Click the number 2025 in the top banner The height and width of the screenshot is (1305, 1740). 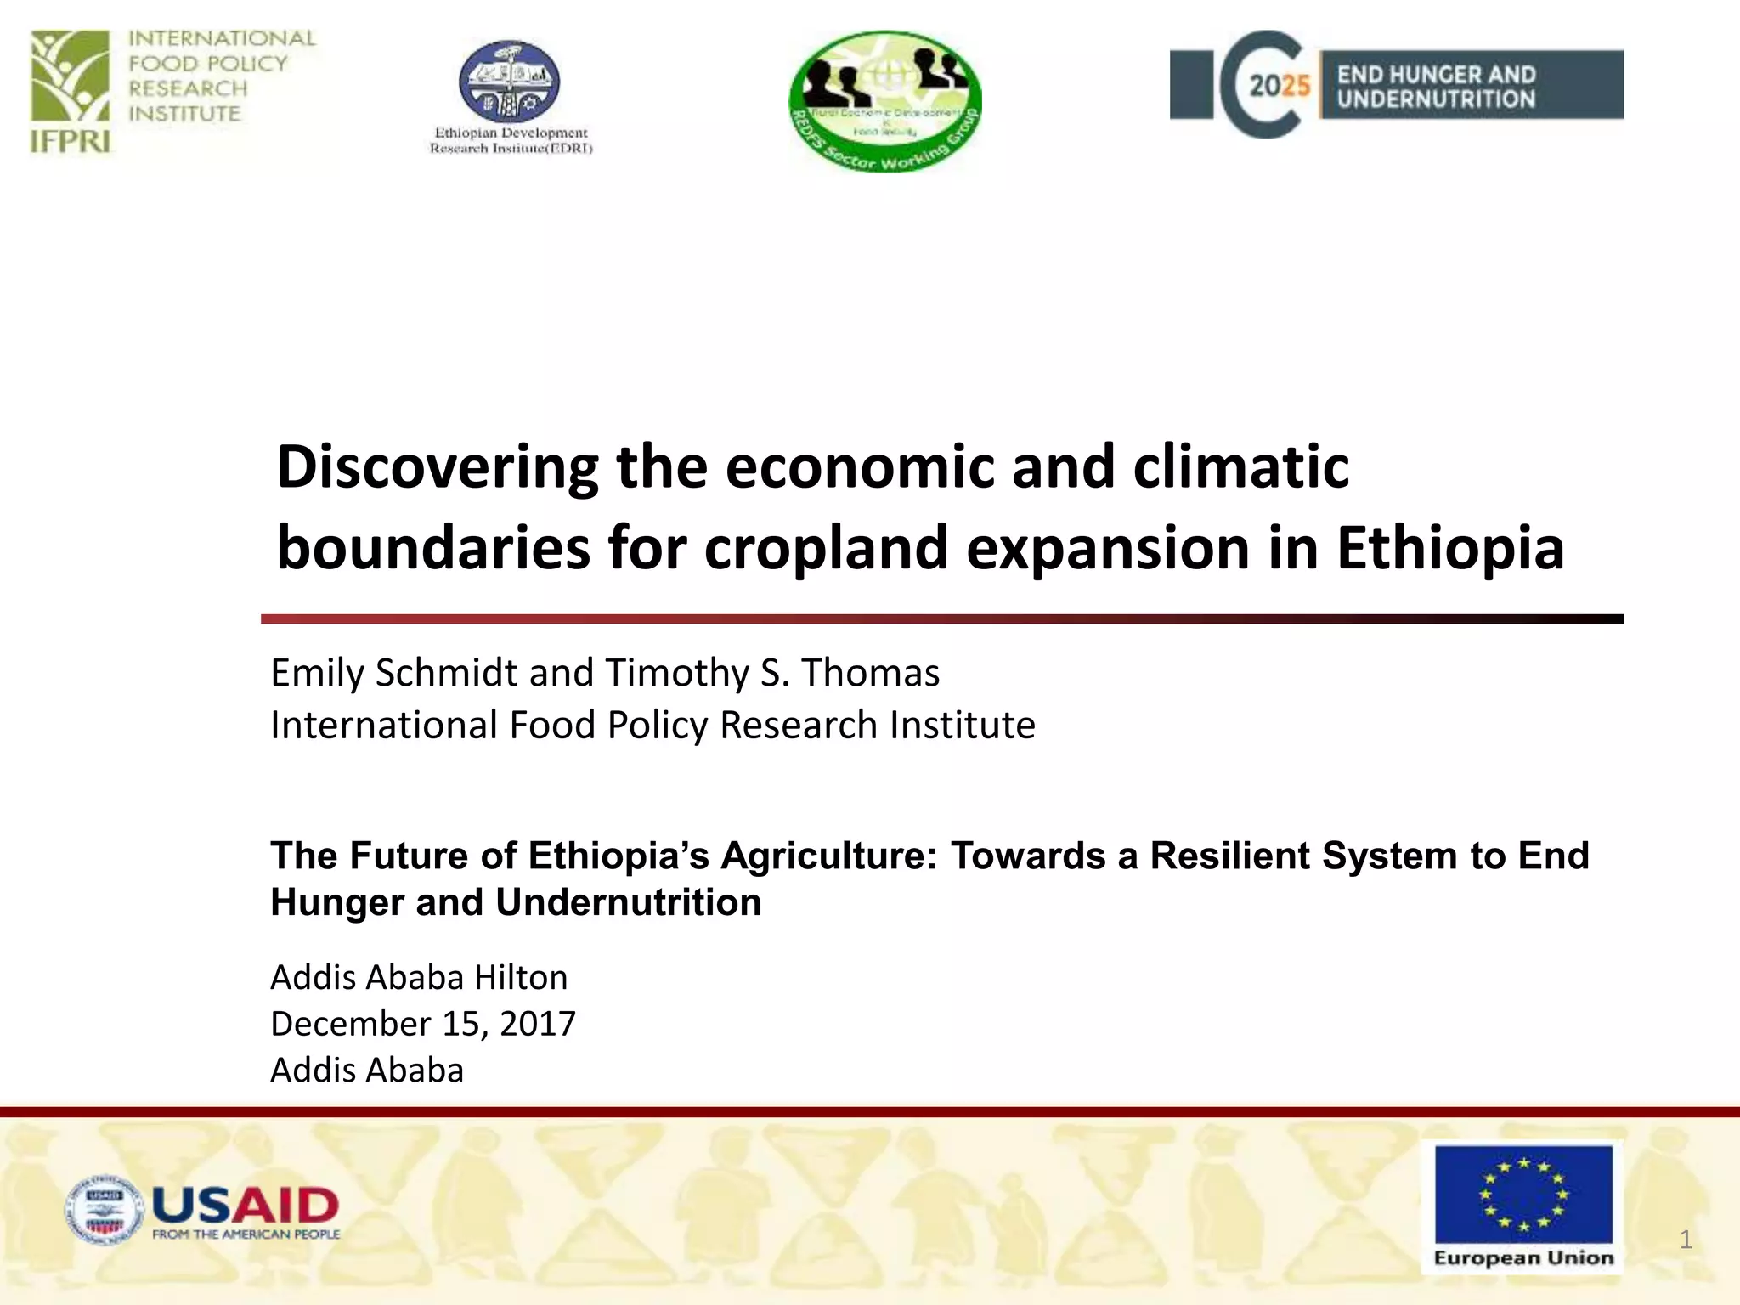click(x=1280, y=86)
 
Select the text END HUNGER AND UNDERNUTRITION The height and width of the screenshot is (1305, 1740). click(x=1436, y=87)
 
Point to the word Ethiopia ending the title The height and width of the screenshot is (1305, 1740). click(x=1449, y=548)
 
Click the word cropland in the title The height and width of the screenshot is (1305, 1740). click(x=825, y=548)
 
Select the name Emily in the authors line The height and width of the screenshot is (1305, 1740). click(x=319, y=673)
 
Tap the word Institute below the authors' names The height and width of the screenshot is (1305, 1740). click(x=962, y=726)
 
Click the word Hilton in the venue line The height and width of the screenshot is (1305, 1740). click(x=521, y=978)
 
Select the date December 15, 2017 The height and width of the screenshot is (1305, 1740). click(x=423, y=1024)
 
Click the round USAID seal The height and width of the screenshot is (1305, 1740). click(x=105, y=1211)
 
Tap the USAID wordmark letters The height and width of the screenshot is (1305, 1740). click(x=246, y=1205)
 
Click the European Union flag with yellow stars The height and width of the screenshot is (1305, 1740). click(x=1523, y=1194)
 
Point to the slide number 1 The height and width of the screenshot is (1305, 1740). click(x=1686, y=1240)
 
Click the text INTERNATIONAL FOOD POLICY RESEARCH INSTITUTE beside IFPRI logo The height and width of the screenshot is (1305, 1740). click(x=222, y=76)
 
